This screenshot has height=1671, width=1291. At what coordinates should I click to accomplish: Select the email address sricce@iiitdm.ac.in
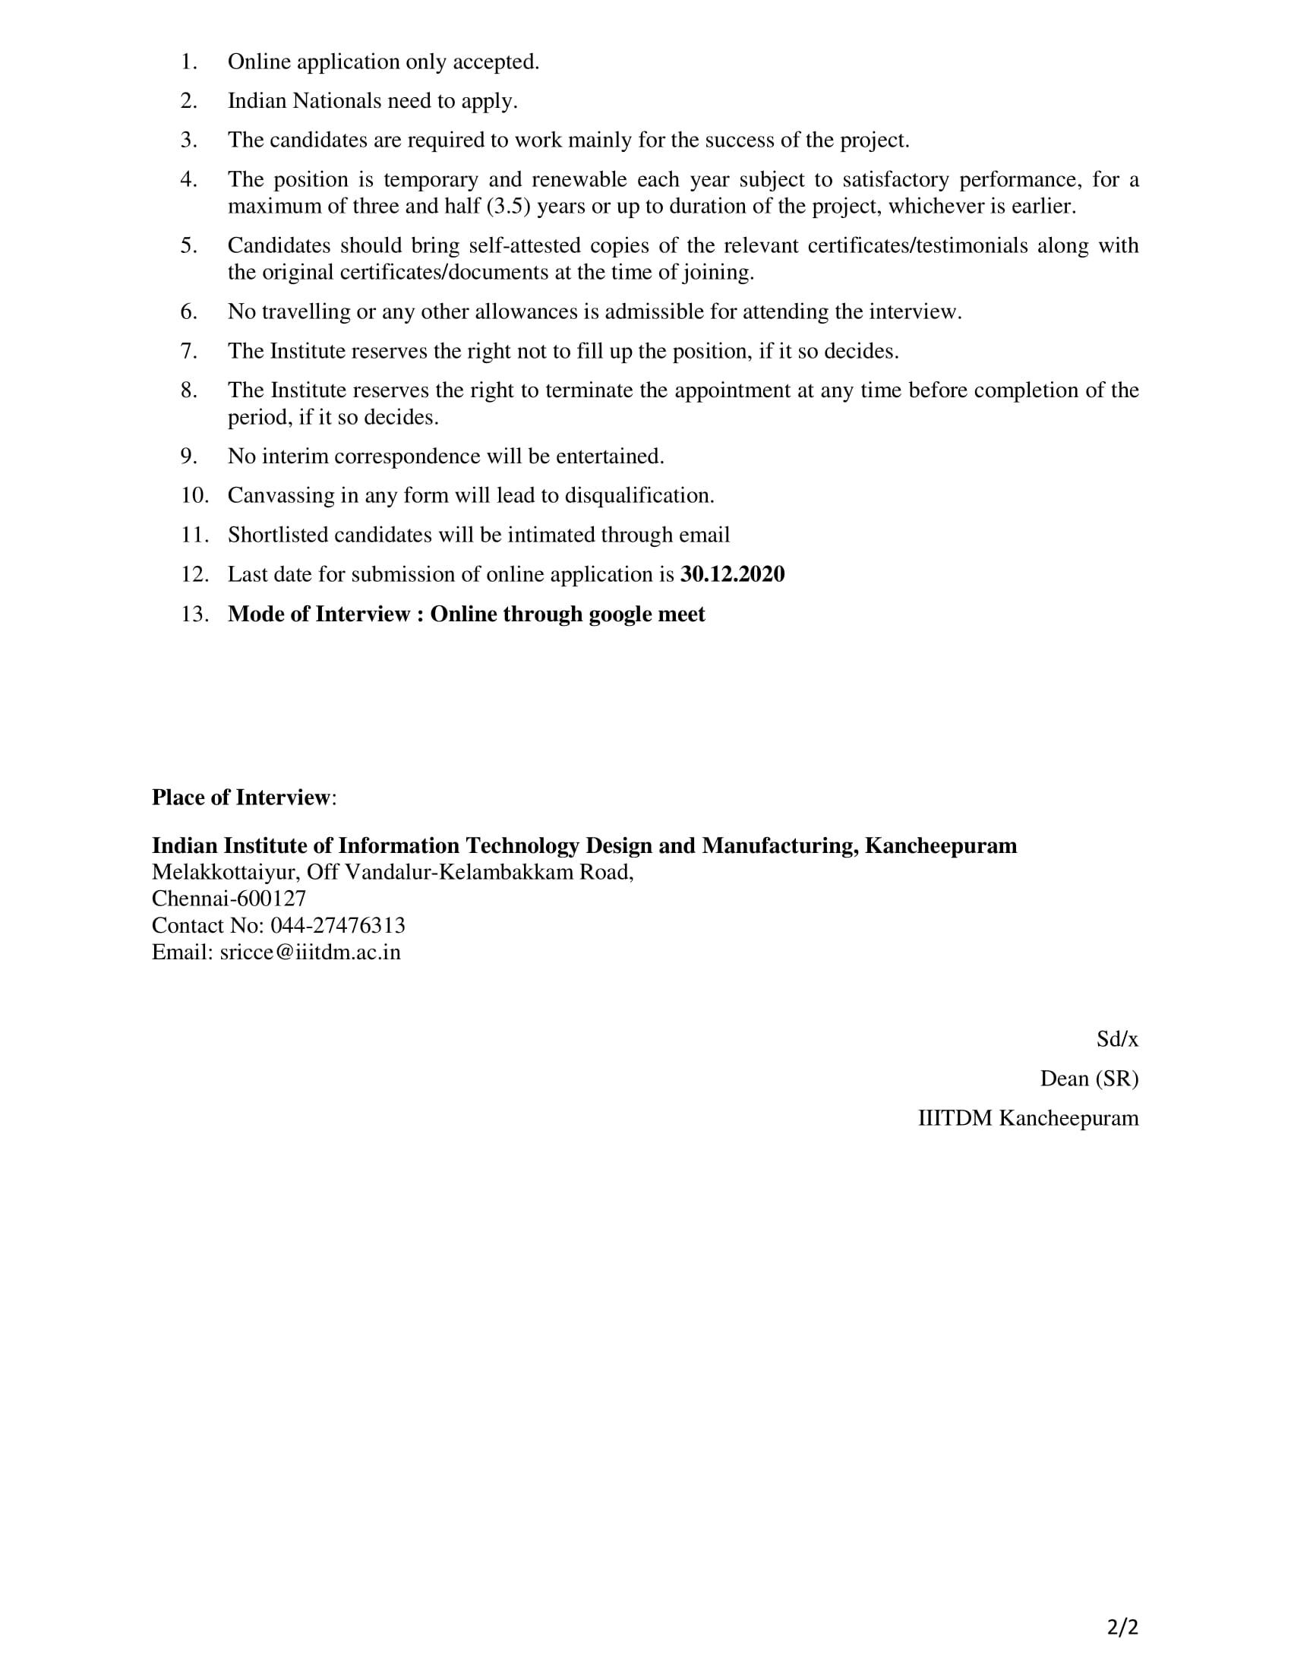click(310, 952)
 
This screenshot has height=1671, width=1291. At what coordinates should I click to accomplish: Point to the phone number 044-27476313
click(338, 926)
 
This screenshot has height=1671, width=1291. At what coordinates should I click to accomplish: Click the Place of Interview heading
click(241, 798)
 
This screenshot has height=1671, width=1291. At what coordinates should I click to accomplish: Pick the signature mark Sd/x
click(1116, 1039)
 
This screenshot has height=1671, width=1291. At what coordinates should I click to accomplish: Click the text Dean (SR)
click(1088, 1079)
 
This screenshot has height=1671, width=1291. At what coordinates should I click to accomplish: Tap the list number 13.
click(194, 614)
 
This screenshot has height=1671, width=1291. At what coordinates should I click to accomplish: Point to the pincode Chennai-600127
click(229, 899)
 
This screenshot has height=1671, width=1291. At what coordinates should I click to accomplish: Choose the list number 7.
click(189, 351)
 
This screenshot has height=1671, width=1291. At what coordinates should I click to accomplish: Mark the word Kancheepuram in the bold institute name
click(941, 846)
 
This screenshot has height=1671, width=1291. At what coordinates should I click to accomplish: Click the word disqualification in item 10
click(639, 496)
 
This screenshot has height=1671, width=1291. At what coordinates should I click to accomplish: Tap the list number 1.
click(189, 62)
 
